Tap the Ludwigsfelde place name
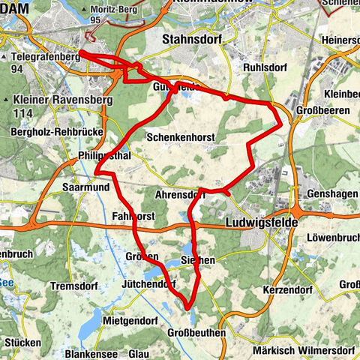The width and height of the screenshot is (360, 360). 261,223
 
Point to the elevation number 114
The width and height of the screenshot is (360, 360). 25,111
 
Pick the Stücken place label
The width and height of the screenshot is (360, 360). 22,342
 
